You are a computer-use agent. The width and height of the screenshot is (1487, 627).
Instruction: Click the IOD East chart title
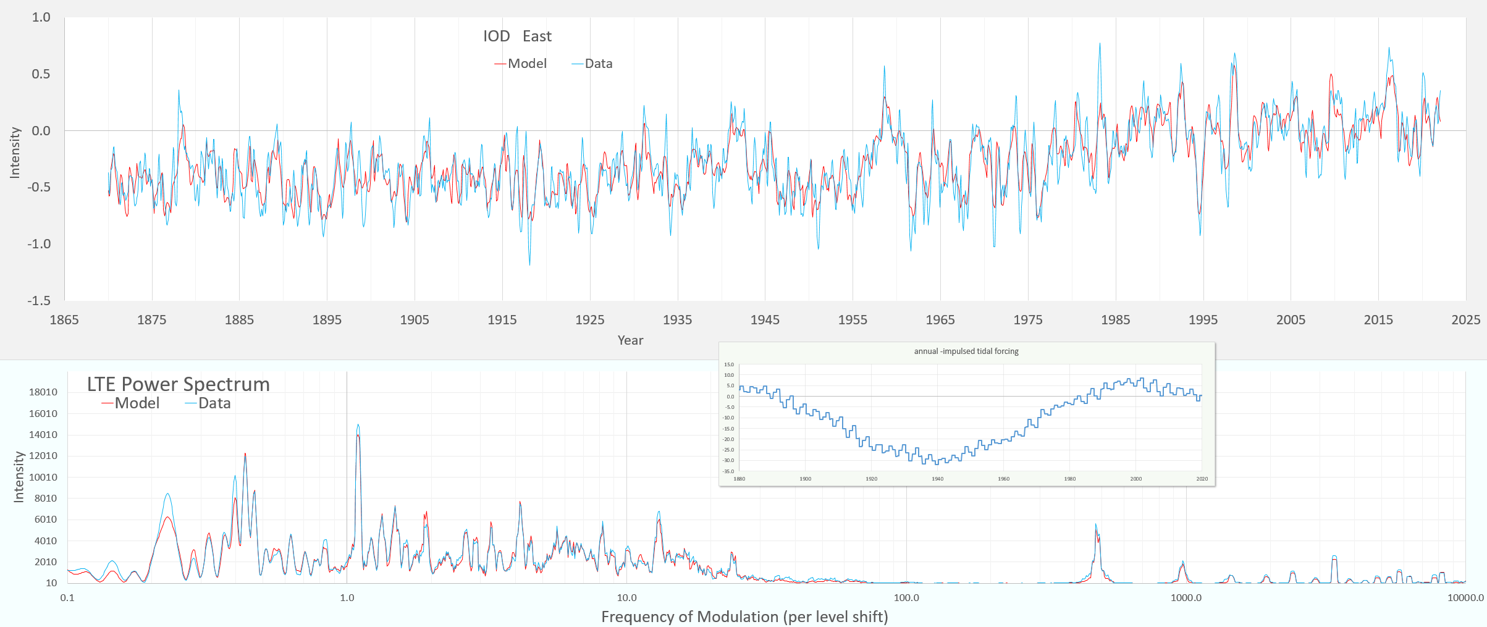coord(517,36)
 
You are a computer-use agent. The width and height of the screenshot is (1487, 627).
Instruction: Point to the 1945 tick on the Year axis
coord(765,320)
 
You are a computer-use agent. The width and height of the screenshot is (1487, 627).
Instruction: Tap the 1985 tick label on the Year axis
coord(1115,320)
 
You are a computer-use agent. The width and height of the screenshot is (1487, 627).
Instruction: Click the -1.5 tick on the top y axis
coord(38,301)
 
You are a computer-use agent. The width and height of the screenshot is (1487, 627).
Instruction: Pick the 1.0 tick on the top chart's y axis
coord(41,17)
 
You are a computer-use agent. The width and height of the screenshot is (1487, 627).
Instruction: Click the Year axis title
coord(630,340)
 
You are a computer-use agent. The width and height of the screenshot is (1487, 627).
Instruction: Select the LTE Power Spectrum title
coord(178,384)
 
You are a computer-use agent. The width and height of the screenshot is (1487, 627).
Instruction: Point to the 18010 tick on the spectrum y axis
coord(43,392)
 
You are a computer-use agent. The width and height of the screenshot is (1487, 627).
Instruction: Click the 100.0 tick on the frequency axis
coord(906,598)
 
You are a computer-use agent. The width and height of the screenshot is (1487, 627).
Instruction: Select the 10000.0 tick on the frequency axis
coord(1465,598)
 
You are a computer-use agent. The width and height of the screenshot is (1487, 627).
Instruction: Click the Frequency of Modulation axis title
coord(744,617)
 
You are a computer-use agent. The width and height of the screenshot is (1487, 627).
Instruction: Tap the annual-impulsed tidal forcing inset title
coord(966,351)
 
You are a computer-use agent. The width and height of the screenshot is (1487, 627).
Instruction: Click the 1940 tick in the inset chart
coord(937,479)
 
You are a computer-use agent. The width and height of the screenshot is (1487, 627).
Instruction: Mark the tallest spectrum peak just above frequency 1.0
coord(358,426)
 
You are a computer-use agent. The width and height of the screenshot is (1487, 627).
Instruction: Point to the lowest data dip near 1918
coord(529,264)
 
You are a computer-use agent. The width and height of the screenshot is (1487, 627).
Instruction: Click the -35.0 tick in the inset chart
coord(728,471)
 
